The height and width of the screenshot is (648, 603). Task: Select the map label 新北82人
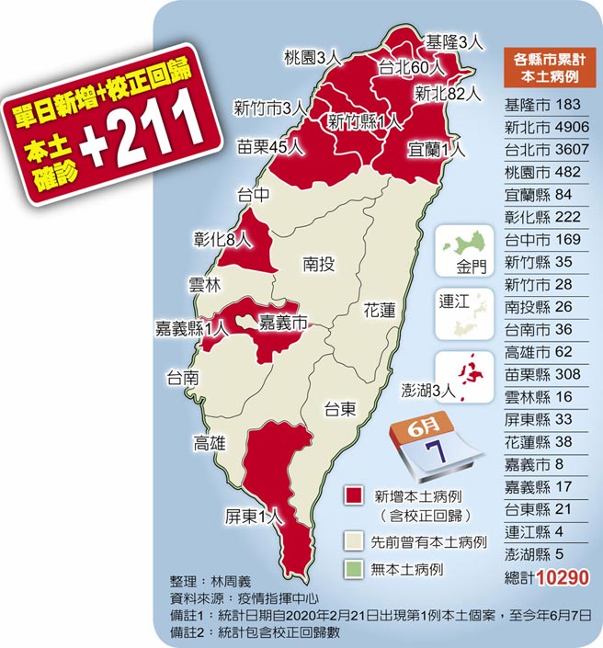[448, 92]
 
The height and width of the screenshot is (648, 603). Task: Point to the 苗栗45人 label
[271, 145]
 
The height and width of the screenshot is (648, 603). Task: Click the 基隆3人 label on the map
[454, 41]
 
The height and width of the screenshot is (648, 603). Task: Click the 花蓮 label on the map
[380, 311]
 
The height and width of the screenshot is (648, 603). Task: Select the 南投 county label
[318, 265]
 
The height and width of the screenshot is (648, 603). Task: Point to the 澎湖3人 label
[429, 390]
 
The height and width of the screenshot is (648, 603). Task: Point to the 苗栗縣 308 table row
[547, 374]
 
